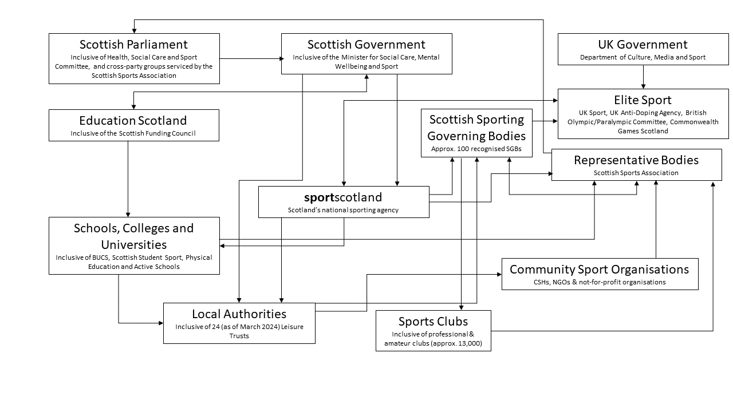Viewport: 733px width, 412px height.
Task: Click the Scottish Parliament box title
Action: (x=133, y=45)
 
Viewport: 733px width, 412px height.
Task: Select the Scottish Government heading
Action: (x=366, y=45)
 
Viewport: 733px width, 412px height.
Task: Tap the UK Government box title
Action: (x=643, y=45)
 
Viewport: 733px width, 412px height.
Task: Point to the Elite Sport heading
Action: (x=643, y=101)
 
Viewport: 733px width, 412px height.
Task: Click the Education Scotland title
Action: (x=133, y=121)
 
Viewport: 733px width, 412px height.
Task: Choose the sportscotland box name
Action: (x=343, y=197)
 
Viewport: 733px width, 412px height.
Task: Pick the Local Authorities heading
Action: (x=239, y=314)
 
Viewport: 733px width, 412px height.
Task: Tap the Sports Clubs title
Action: (x=433, y=321)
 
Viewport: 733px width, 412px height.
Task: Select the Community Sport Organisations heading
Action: (x=600, y=269)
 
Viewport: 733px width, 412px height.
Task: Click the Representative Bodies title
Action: (x=636, y=160)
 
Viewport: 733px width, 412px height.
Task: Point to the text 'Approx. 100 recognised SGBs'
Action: (x=476, y=149)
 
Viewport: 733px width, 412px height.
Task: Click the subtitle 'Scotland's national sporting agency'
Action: (x=343, y=210)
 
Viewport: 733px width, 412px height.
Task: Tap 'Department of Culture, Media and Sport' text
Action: (x=643, y=57)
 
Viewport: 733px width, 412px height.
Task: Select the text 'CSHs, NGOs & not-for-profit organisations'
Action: (x=600, y=282)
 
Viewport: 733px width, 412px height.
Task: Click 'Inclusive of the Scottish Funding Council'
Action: (x=133, y=134)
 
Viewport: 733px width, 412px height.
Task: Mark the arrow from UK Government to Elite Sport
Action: (x=643, y=77)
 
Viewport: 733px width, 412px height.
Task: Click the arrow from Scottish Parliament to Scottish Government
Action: (x=250, y=58)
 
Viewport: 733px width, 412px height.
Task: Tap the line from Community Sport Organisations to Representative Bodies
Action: (x=656, y=220)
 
